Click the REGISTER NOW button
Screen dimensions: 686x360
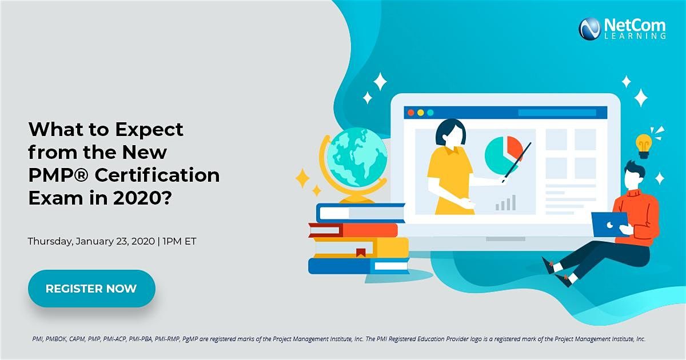pos(91,289)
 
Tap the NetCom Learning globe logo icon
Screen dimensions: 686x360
pos(590,29)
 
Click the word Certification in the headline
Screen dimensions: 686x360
pos(157,175)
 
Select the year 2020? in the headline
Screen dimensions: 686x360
pos(143,198)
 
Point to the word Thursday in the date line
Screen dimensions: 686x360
pos(50,242)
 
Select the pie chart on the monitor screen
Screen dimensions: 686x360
pos(504,155)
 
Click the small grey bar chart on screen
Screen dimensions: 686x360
pos(505,203)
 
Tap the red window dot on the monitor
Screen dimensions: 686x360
pos(411,113)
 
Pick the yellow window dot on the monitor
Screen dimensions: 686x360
pos(421,113)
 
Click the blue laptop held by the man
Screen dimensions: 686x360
pos(609,225)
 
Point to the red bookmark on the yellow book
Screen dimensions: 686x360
pos(361,253)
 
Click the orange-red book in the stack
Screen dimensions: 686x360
pos(354,230)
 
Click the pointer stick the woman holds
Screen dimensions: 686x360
pos(516,162)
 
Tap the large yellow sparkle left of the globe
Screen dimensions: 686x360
pos(302,178)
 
